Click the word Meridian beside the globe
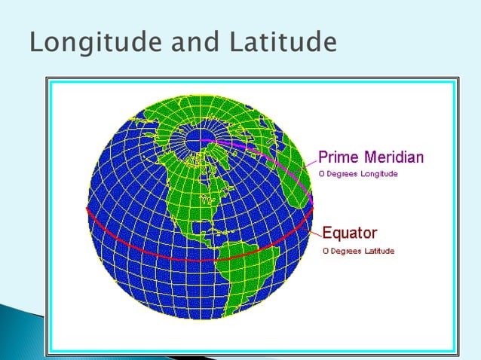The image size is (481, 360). coord(393,157)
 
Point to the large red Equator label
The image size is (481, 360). coord(350,233)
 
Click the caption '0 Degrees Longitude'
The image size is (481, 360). coord(357,174)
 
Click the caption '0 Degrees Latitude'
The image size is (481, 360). coord(357,251)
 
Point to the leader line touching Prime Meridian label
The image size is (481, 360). coord(313,163)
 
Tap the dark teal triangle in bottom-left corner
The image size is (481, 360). coord(19,331)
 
